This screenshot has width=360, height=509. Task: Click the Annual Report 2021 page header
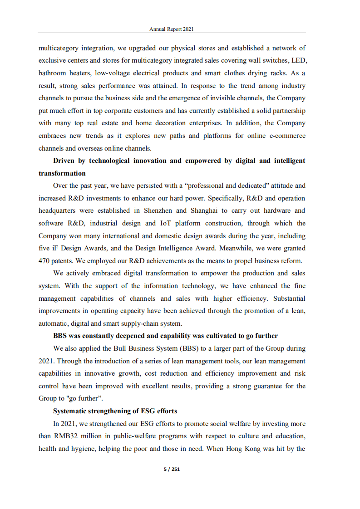(x=172, y=29)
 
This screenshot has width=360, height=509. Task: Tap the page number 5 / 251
(x=172, y=469)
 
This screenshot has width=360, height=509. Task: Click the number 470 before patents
(x=44, y=261)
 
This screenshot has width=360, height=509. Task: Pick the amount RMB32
(x=52, y=436)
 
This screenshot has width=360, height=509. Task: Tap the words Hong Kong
(x=243, y=449)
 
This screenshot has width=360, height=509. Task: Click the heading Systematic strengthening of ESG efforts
(x=115, y=411)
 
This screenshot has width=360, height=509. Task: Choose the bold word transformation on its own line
(x=62, y=173)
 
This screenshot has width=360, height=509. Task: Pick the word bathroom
(x=52, y=73)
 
